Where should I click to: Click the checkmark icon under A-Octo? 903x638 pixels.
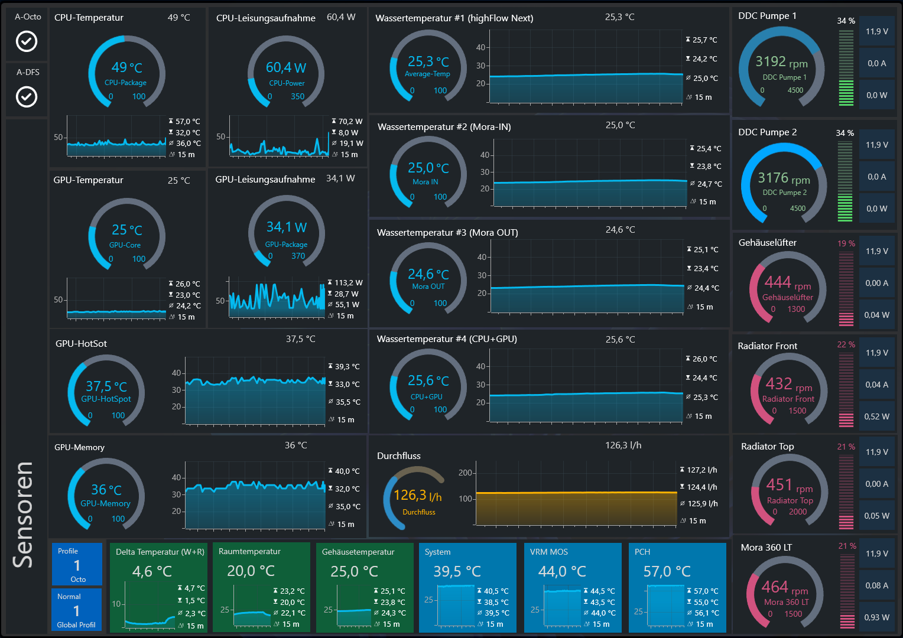tap(26, 41)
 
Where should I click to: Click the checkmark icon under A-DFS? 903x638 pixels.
tap(26, 96)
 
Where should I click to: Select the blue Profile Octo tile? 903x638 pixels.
tap(77, 565)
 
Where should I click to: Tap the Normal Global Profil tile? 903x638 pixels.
tap(77, 610)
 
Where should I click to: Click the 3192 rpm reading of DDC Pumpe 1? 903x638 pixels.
tap(781, 61)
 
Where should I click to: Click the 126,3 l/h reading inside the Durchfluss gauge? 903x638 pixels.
tap(417, 496)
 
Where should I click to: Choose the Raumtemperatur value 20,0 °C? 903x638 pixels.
tap(251, 571)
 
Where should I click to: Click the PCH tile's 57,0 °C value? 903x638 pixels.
tap(667, 572)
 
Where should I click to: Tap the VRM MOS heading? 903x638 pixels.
tap(548, 552)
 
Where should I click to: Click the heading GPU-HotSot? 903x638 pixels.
tap(81, 343)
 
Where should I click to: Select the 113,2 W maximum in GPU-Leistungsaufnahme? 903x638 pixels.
tap(348, 283)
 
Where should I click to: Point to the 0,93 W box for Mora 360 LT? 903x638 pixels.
tap(876, 617)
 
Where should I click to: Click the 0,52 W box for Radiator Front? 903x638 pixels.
tap(876, 416)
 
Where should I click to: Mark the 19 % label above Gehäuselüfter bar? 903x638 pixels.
tap(846, 243)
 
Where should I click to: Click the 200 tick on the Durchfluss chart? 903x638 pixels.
tap(465, 473)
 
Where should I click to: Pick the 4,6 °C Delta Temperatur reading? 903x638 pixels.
tap(152, 572)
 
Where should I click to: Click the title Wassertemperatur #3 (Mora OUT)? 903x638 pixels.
tap(447, 233)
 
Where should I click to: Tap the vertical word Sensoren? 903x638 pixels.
tap(24, 514)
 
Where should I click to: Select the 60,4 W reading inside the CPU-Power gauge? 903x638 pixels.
tap(286, 67)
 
